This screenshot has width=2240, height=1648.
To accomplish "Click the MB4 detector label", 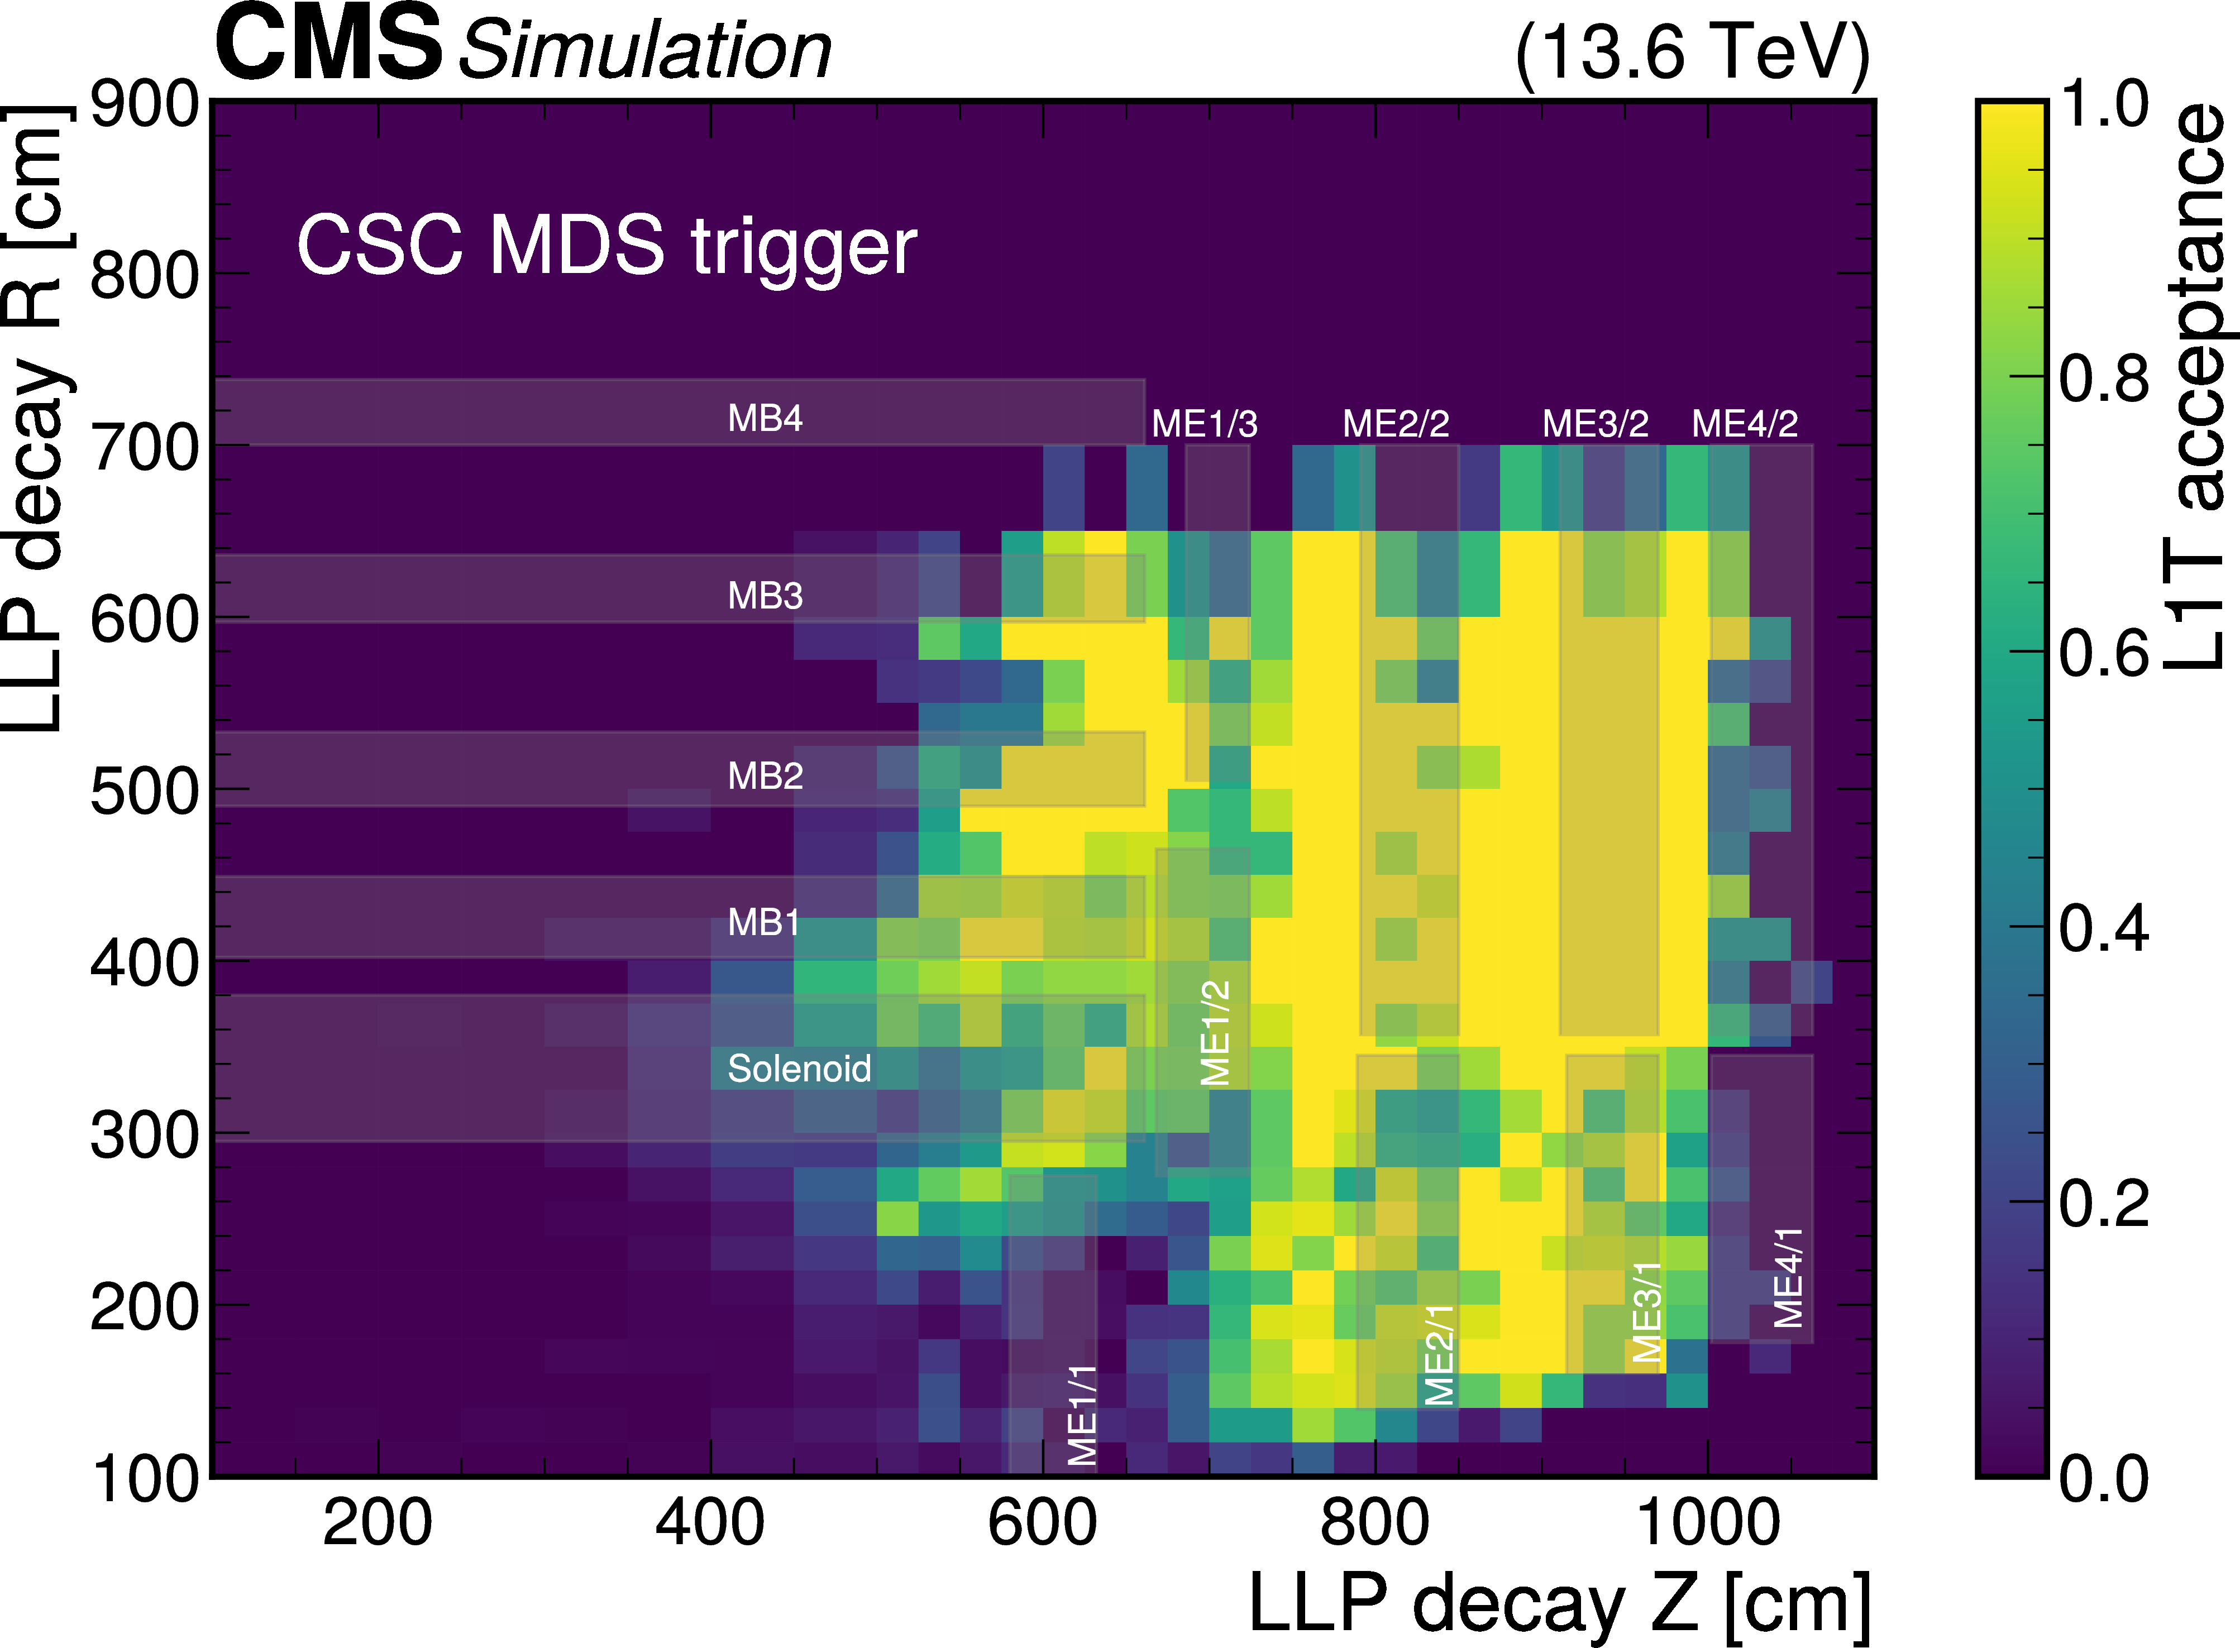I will (765, 418).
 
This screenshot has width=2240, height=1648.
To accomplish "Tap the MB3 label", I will (765, 596).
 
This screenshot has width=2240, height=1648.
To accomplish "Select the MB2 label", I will (765, 775).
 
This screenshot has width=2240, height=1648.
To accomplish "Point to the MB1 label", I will (763, 922).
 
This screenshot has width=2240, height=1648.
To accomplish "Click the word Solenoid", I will (799, 1069).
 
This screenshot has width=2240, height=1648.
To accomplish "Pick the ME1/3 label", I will (1204, 424).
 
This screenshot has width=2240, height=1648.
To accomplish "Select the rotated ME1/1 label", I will (1083, 1415).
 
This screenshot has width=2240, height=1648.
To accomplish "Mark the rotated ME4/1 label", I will (1788, 1278).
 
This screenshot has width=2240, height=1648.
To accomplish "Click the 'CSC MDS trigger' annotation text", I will (606, 246).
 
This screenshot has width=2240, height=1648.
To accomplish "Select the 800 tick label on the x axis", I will (1375, 1524).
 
